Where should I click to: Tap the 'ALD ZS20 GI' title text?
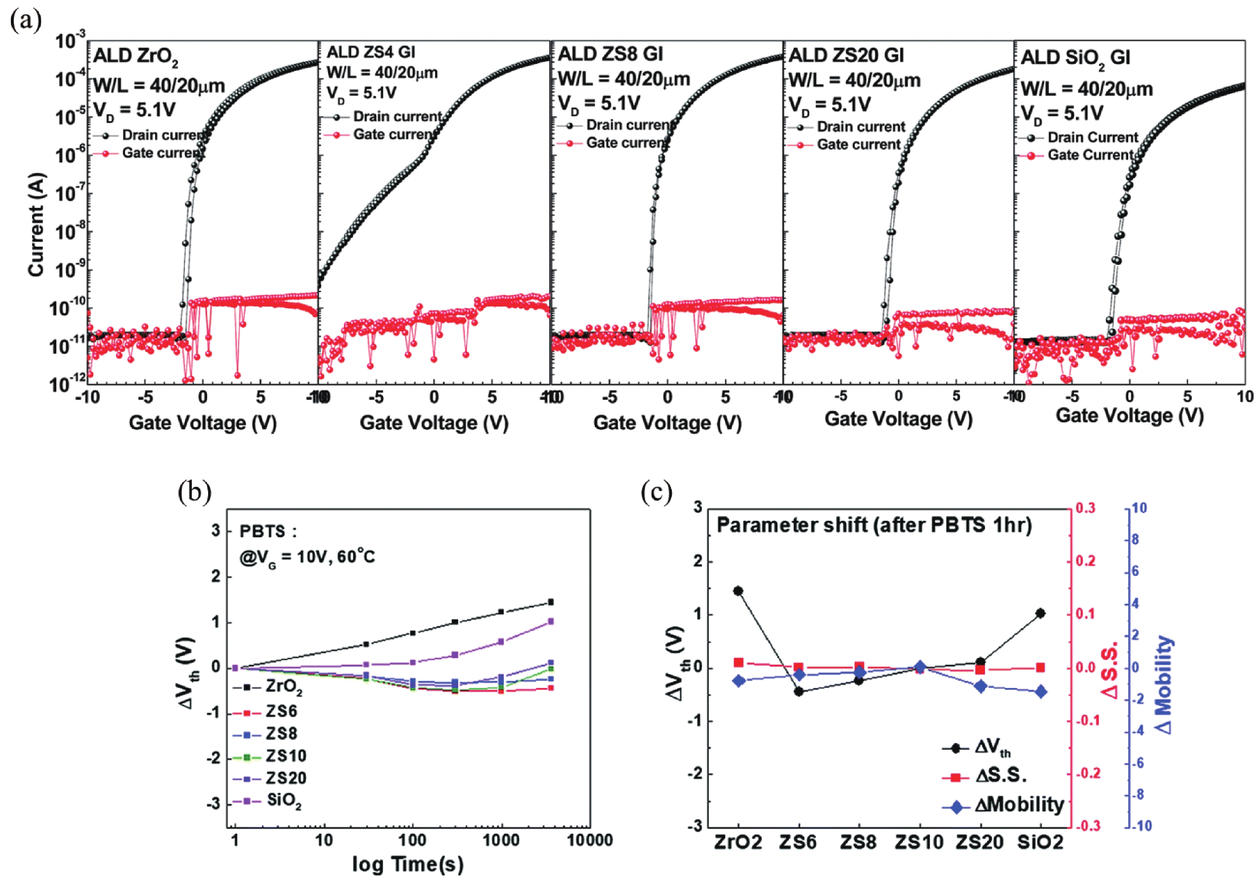click(x=846, y=55)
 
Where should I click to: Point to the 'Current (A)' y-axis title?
click(x=36, y=224)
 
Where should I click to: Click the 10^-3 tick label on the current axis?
click(x=71, y=41)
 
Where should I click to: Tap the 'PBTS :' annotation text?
click(x=268, y=531)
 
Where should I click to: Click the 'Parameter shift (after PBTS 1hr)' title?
click(x=874, y=525)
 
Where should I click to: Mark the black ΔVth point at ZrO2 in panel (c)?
click(x=738, y=591)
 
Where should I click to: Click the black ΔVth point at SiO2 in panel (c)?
click(x=1040, y=613)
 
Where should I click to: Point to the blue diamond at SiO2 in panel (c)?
click(x=1040, y=692)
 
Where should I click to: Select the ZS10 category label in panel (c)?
click(x=919, y=842)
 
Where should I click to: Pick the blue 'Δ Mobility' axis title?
click(x=1164, y=684)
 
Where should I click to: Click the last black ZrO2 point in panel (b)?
click(x=550, y=602)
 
